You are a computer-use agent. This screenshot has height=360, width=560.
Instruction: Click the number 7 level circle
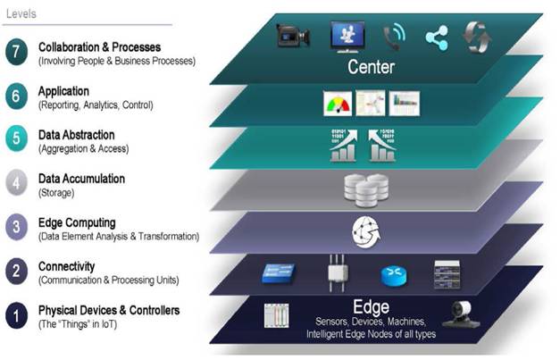[15, 51]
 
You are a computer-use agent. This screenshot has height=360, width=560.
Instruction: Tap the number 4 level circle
[15, 184]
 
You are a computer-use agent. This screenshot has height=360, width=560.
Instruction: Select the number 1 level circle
[15, 316]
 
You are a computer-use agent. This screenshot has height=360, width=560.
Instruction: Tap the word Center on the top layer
[371, 66]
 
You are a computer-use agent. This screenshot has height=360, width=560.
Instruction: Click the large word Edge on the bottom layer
[371, 304]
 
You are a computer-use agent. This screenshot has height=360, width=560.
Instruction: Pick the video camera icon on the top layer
[293, 36]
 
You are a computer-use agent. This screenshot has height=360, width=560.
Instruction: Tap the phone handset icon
[393, 36]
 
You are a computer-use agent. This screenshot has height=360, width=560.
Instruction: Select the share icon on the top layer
[437, 37]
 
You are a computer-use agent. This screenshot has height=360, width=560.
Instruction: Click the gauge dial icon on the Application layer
[339, 104]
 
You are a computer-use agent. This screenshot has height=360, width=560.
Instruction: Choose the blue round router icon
[394, 275]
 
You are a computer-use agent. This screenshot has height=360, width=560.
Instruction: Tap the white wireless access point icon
[337, 272]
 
